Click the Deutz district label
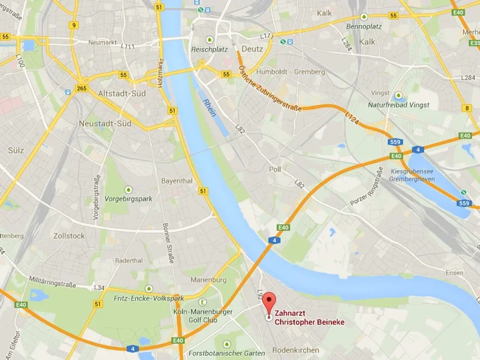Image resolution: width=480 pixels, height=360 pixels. pos(252,49)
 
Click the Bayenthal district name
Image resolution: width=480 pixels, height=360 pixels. pos(176,181)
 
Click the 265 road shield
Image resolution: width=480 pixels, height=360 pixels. pos(82,89)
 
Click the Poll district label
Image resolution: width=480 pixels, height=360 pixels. pos(275,170)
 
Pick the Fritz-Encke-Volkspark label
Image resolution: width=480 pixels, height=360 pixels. pos(149,297)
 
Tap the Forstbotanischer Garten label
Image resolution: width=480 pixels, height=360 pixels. pos(226,353)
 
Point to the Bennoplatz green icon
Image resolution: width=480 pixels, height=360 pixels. pos(364,17)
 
